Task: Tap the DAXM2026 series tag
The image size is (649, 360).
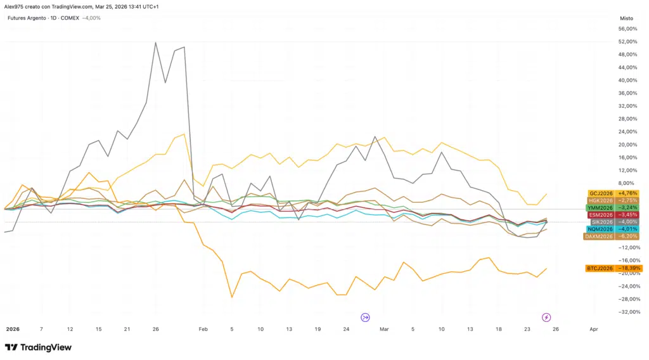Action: pos(612,236)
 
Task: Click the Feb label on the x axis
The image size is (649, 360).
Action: pos(203,330)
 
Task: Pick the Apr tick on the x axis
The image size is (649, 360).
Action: pos(593,330)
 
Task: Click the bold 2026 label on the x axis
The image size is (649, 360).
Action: pos(12,330)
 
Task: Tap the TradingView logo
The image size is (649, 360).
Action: pos(38,347)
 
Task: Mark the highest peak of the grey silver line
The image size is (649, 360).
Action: pos(155,42)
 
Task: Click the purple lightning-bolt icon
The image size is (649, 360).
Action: pos(546,317)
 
